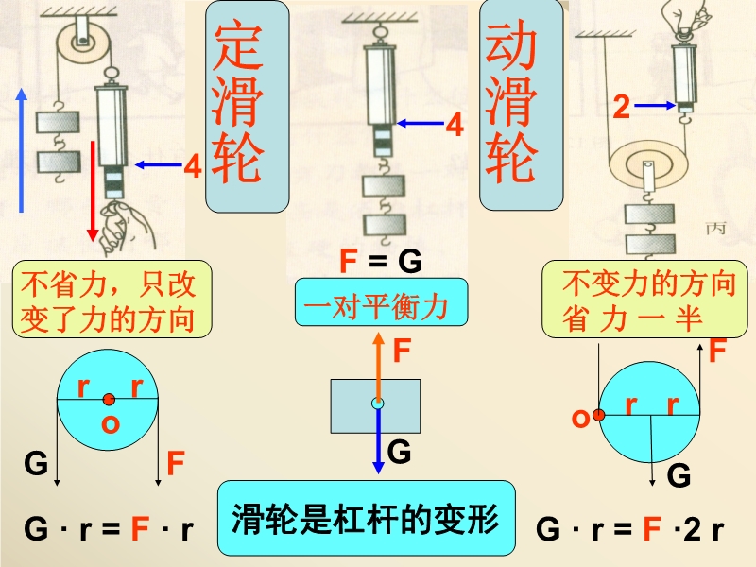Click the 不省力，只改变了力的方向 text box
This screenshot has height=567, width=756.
click(x=111, y=301)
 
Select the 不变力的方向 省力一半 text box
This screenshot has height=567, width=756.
click(x=638, y=301)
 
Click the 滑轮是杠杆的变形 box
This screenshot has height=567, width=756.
click(x=368, y=518)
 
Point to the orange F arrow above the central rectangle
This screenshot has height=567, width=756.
click(x=378, y=364)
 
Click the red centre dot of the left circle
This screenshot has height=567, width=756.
click(x=111, y=399)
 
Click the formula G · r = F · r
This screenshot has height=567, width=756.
click(x=108, y=529)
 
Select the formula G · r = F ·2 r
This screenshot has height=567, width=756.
click(x=630, y=529)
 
